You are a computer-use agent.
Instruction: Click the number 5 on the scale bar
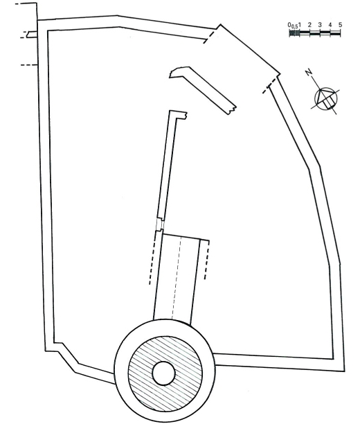pyautogui.click(x=340, y=25)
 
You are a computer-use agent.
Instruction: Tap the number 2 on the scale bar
pyautogui.click(x=309, y=25)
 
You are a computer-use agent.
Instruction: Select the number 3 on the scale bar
pyautogui.click(x=320, y=25)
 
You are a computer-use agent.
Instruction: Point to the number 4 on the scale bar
pyautogui.click(x=330, y=25)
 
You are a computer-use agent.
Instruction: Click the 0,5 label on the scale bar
pyautogui.click(x=295, y=26)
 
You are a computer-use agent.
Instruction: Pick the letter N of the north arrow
pyautogui.click(x=308, y=72)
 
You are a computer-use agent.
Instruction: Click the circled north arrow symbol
pyautogui.click(x=326, y=99)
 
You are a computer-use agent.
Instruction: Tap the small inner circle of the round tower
pyautogui.click(x=164, y=373)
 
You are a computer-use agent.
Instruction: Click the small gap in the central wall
pyautogui.click(x=160, y=224)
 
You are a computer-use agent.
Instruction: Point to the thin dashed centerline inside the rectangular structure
pyautogui.click(x=177, y=279)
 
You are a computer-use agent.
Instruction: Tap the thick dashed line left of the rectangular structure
pyautogui.click(x=153, y=258)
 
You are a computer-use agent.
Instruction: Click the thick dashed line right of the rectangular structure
pyautogui.click(x=207, y=260)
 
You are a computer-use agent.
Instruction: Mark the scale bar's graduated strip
pyautogui.click(x=315, y=33)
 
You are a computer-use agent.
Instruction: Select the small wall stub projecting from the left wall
pyautogui.click(x=29, y=35)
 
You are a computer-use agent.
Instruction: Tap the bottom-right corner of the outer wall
pyautogui.click(x=345, y=371)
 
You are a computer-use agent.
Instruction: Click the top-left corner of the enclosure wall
pyautogui.click(x=37, y=20)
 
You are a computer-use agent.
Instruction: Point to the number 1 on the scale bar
pyautogui.click(x=300, y=25)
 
